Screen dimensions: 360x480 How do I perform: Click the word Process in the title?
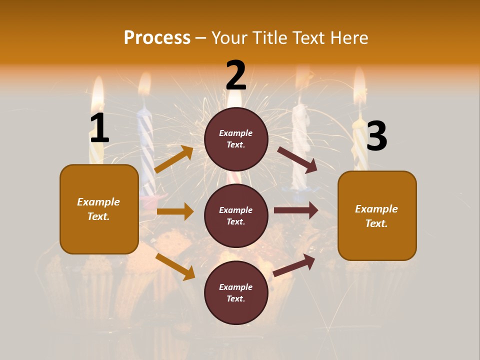pos(157,37)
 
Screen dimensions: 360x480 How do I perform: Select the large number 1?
pos(99,128)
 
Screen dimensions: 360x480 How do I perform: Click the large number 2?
pos(236,75)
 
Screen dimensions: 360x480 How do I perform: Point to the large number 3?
pos(376,136)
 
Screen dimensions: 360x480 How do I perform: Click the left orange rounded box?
pos(99,209)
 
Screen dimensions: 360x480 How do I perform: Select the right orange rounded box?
pos(377,216)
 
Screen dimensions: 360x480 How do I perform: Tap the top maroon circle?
pos(236,139)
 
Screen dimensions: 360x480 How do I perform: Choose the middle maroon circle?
pos(236,215)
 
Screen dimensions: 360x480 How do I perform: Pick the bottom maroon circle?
pos(236,292)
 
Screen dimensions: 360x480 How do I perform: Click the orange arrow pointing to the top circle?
pos(174,159)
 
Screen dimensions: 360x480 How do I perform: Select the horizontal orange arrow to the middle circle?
pos(175,211)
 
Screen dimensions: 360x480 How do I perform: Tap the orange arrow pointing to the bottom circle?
pos(175,266)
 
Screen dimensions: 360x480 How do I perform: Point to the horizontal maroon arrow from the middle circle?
pos(296,210)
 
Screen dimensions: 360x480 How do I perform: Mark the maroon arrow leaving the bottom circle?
pos(294,265)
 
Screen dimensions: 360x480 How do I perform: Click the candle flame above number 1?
pos(98,92)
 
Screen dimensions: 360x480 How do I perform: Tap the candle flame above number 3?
pos(359,87)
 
